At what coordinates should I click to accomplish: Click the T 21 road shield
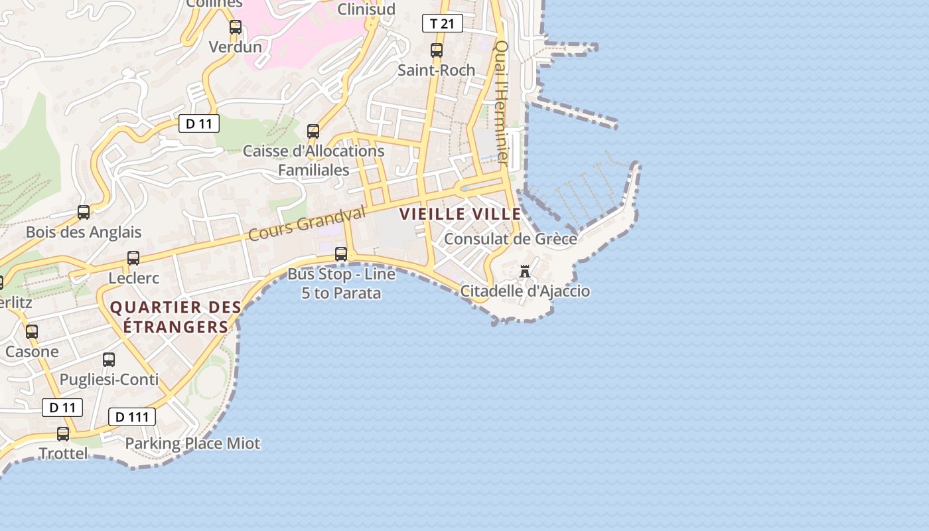click(x=442, y=24)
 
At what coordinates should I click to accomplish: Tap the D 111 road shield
click(x=132, y=417)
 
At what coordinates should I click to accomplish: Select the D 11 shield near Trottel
click(x=62, y=408)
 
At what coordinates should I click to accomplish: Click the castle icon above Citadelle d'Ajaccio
click(x=525, y=271)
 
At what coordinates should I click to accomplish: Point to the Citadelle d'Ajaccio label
click(x=525, y=291)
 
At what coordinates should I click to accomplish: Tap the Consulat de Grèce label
click(x=510, y=239)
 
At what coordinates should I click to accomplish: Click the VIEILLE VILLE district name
click(x=460, y=214)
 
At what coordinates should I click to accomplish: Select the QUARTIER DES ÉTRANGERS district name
click(x=176, y=317)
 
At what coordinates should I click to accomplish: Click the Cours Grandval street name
click(x=307, y=224)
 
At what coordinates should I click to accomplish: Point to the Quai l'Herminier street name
click(x=502, y=103)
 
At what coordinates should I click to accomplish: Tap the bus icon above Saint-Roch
click(x=437, y=50)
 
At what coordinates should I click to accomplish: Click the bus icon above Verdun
click(x=236, y=27)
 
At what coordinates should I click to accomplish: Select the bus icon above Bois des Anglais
click(x=84, y=212)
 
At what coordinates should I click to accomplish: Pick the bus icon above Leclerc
click(x=133, y=258)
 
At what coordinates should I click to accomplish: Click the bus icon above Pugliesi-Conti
click(x=109, y=360)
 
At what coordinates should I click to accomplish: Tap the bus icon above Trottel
click(x=63, y=434)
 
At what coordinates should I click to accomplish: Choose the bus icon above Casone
click(x=32, y=332)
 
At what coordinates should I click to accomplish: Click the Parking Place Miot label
click(x=192, y=443)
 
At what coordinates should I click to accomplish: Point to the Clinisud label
click(x=366, y=9)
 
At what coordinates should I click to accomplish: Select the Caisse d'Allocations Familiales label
click(x=313, y=160)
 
